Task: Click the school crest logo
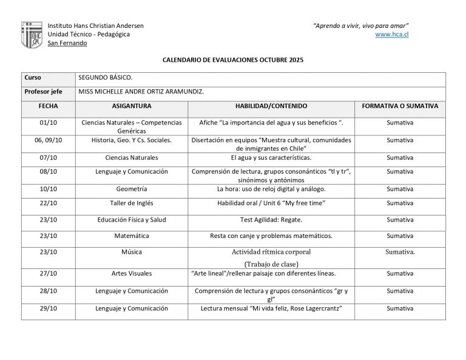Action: point(32,34)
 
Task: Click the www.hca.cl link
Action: point(392,34)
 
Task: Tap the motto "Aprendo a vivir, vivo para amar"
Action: point(360,25)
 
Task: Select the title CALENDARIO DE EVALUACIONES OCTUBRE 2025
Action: point(233,61)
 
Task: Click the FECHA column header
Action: point(48,106)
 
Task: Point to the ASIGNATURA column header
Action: point(132,106)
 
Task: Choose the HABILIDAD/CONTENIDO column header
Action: point(271,106)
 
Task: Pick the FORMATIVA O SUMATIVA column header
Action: point(400,106)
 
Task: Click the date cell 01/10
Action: point(48,123)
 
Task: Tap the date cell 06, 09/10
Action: point(48,140)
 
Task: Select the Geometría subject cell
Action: point(132,189)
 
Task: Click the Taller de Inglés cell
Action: point(132,203)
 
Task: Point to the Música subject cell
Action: point(132,252)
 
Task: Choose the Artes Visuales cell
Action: point(132,273)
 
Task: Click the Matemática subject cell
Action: point(132,236)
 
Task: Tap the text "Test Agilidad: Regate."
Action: point(271,219)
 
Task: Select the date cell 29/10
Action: point(48,308)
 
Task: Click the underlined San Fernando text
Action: point(67,43)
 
